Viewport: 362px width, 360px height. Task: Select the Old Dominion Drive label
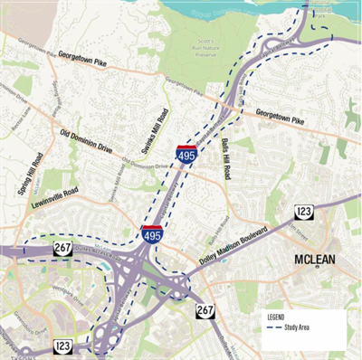(88, 142)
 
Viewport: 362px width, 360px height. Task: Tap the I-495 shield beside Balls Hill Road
(186, 156)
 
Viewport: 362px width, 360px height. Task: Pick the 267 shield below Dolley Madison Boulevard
(205, 312)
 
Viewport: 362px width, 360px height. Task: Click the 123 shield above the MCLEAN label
(303, 213)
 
